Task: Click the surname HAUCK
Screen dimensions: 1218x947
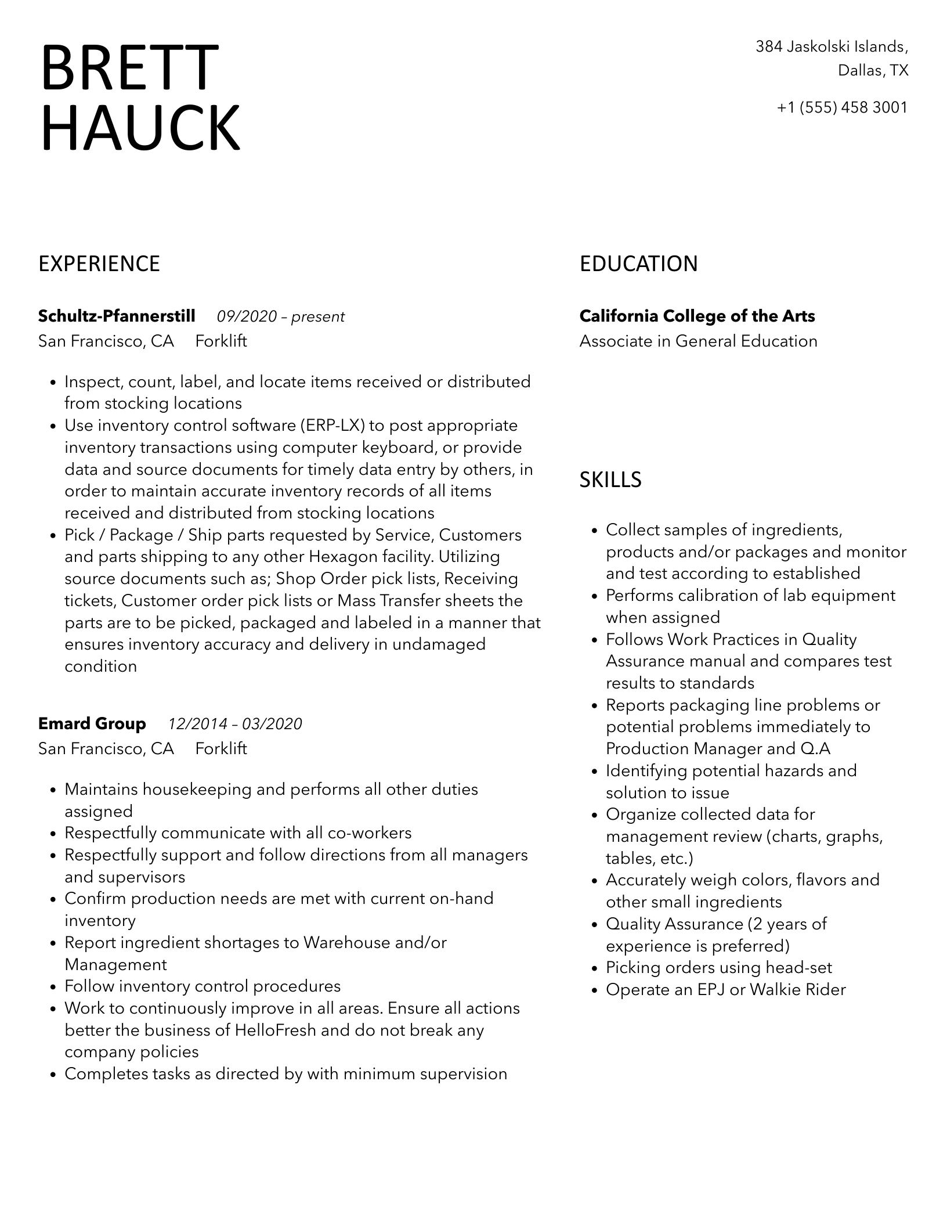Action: [140, 128]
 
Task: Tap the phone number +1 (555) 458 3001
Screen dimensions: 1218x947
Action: [842, 107]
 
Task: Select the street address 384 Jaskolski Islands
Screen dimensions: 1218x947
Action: [831, 46]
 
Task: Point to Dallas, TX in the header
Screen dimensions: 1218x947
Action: [873, 71]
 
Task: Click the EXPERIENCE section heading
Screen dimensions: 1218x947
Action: [99, 264]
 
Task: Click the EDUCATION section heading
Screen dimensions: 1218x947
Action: [638, 264]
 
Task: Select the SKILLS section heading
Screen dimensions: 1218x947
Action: [610, 480]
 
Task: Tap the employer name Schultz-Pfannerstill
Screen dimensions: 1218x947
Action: [117, 316]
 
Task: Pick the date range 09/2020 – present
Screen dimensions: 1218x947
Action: [281, 317]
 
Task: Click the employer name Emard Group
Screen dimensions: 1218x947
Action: [92, 724]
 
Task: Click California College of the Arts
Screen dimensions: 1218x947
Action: [697, 316]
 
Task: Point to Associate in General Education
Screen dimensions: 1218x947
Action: [698, 341]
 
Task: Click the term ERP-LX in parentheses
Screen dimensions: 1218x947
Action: [332, 426]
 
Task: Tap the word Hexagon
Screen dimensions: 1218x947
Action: [343, 557]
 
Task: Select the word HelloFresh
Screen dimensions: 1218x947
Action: [276, 1030]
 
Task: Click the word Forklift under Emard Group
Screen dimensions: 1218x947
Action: [221, 749]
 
